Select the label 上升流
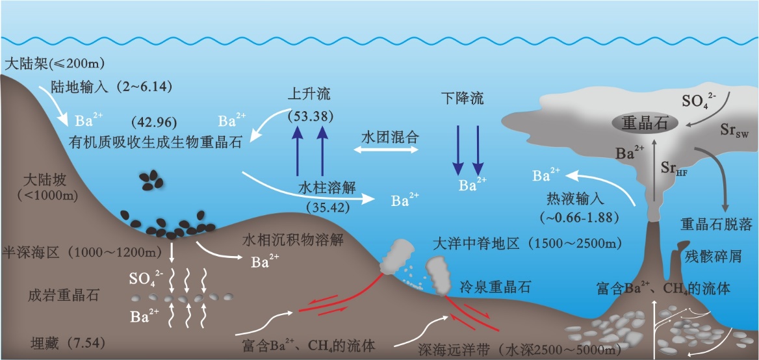point(309,95)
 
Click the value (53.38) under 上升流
point(310,116)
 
